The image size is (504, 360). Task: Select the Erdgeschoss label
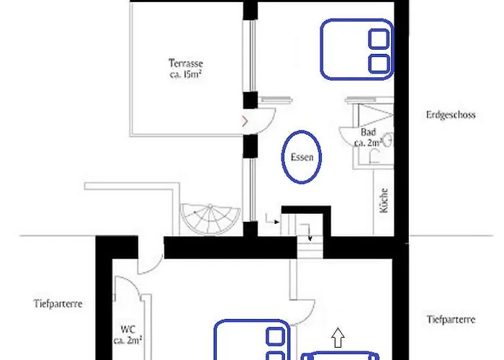[x=450, y=115]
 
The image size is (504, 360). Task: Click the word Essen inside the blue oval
[x=302, y=156]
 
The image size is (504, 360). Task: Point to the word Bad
[x=368, y=133]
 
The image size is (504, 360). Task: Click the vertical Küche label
[x=384, y=201]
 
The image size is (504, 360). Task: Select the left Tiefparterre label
[x=58, y=304]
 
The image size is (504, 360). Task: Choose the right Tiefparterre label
[x=451, y=319]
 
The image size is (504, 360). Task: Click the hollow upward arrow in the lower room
[x=338, y=336]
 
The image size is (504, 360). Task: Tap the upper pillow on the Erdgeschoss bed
[x=379, y=39]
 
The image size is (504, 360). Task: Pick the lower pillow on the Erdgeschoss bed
[x=379, y=63]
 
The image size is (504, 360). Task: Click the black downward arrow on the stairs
[x=309, y=232]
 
